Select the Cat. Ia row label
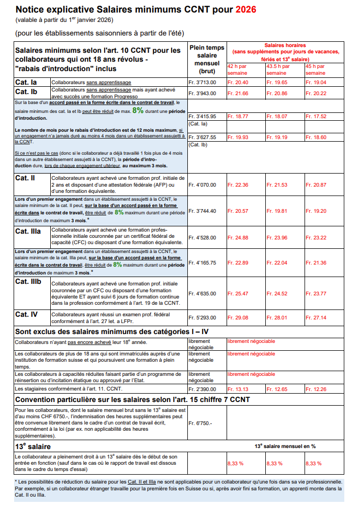tap(26, 83)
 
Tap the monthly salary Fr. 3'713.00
tap(202, 83)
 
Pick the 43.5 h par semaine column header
tap(278, 70)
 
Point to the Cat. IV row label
tap(27, 314)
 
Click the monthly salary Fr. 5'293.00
tap(202, 317)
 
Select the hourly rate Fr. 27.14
tap(316, 317)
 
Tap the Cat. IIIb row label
tap(28, 282)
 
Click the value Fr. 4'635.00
tap(202, 293)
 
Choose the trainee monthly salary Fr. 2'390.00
tap(202, 389)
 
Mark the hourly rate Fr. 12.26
tap(316, 389)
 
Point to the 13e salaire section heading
tap(33, 446)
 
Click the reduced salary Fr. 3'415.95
tap(203, 116)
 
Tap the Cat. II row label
tap(25, 178)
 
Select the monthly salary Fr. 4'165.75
tap(203, 262)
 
